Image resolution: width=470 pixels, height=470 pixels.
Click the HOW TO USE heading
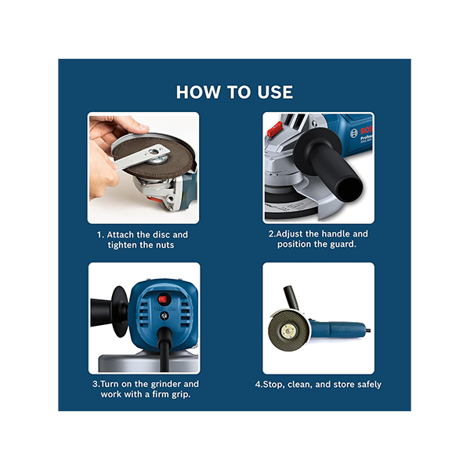[x=234, y=92]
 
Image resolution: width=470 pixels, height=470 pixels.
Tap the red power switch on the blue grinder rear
[x=163, y=299]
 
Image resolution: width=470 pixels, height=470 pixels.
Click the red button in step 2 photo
[x=275, y=129]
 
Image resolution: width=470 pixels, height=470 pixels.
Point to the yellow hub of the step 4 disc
[x=288, y=331]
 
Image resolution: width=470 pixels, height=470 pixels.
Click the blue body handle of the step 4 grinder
[x=338, y=330]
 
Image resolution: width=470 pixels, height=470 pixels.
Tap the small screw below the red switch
[x=164, y=316]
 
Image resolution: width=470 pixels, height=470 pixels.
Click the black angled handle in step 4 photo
[x=291, y=298]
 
